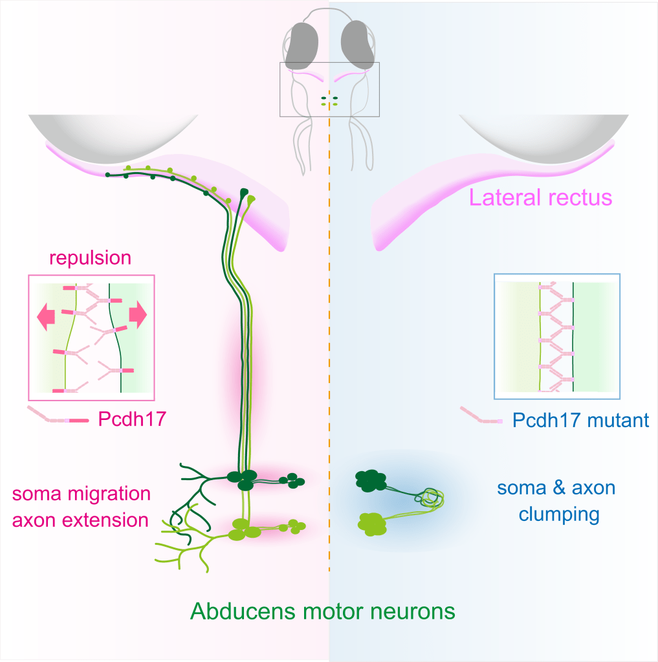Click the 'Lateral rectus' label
(540, 197)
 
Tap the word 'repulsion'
(91, 258)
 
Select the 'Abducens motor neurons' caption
(322, 611)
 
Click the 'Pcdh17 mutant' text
(580, 420)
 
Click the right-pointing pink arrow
(138, 314)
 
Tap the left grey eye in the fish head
(301, 45)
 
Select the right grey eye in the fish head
(358, 45)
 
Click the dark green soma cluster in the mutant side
(370, 481)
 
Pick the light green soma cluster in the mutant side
(371, 522)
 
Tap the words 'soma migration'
(82, 494)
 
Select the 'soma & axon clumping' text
(556, 501)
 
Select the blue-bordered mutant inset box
(556, 335)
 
